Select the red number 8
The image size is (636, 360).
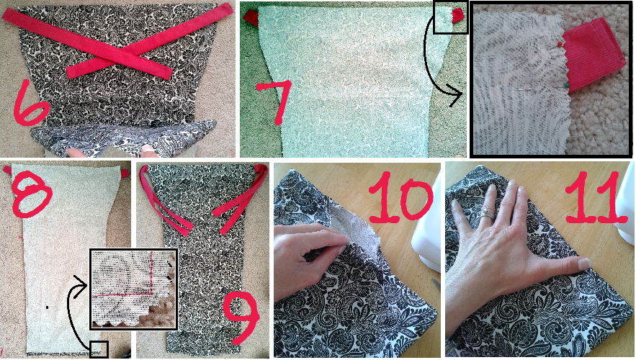point(32,192)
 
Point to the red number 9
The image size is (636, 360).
point(241,318)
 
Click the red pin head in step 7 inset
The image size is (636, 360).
point(560,43)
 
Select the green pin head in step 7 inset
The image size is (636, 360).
point(566,86)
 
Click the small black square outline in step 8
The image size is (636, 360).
point(99,349)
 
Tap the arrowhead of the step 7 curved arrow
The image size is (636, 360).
point(457,95)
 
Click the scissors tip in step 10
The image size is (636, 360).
point(432,280)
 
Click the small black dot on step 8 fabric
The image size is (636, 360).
point(48,307)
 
